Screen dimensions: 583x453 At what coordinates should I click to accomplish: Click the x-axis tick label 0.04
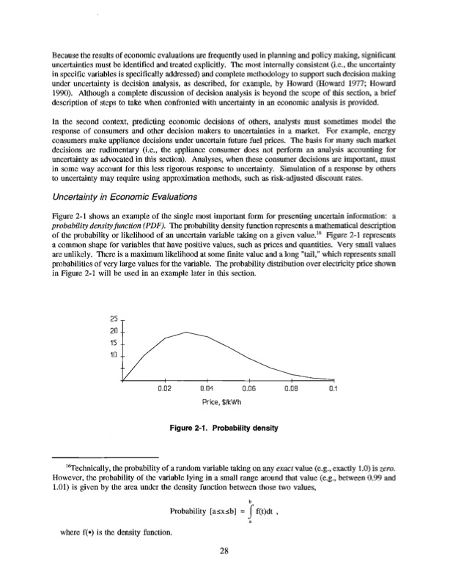point(205,390)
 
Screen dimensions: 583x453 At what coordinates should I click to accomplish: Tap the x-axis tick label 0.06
point(248,390)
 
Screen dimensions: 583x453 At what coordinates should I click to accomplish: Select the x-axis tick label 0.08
point(291,390)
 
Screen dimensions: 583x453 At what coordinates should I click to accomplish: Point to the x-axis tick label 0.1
point(334,390)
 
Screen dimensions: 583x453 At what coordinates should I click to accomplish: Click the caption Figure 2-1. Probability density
point(226,428)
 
